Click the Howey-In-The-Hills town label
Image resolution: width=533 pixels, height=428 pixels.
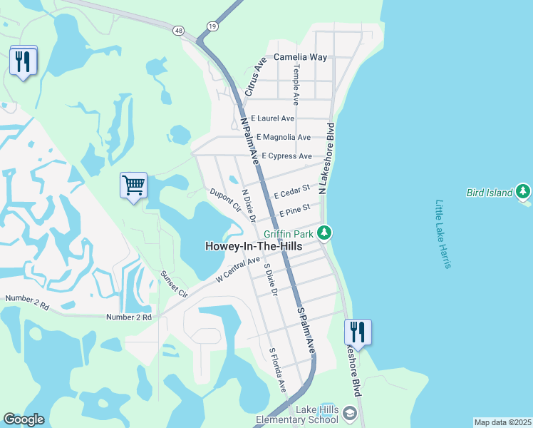pyautogui.click(x=253, y=246)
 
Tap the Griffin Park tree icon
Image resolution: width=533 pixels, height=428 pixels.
pyautogui.click(x=324, y=233)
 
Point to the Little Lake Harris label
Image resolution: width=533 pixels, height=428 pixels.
pyautogui.click(x=443, y=234)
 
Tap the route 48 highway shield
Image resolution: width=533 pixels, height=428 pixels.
pyautogui.click(x=177, y=30)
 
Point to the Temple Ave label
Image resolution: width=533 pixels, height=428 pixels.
pyautogui.click(x=296, y=84)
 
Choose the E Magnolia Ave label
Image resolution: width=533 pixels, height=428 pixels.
pyautogui.click(x=284, y=137)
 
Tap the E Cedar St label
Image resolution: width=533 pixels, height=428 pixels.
pyautogui.click(x=291, y=191)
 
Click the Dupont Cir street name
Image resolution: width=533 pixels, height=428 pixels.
pyautogui.click(x=225, y=200)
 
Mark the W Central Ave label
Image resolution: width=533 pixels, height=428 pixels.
pyautogui.click(x=238, y=270)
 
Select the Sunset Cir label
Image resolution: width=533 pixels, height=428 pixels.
pyautogui.click(x=173, y=284)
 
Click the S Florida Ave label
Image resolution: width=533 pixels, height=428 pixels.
pyautogui.click(x=276, y=370)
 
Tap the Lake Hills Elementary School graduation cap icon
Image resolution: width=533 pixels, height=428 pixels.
pyautogui.click(x=349, y=413)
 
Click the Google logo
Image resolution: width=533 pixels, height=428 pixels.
pyautogui.click(x=24, y=419)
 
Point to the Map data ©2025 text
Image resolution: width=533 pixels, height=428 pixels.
pyautogui.click(x=502, y=422)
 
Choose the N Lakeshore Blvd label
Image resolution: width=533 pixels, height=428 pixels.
pyautogui.click(x=327, y=158)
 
